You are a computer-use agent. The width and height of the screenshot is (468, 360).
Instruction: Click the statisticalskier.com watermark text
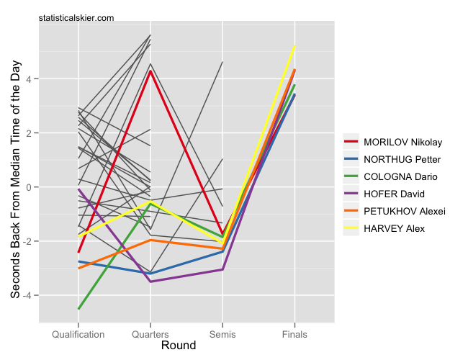[76, 17]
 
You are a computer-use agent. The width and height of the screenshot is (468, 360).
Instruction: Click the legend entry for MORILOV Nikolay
[402, 142]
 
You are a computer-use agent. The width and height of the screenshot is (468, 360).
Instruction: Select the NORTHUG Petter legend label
[402, 159]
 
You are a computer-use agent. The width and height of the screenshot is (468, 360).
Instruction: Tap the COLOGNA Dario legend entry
[400, 176]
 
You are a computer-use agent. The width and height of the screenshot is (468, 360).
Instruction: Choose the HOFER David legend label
[393, 194]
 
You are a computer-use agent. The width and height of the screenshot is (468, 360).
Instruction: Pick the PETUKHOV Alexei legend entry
[405, 211]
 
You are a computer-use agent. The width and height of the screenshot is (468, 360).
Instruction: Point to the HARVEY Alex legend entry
[393, 228]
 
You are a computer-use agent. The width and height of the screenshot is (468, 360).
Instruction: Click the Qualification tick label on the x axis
[78, 335]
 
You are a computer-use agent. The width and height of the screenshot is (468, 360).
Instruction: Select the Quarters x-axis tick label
[150, 335]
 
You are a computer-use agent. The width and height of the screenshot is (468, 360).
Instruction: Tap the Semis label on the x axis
[222, 335]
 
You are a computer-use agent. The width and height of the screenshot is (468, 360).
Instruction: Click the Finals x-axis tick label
[294, 335]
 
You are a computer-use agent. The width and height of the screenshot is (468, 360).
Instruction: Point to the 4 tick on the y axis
[29, 79]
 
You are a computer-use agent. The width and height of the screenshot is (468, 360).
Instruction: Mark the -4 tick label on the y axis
[27, 296]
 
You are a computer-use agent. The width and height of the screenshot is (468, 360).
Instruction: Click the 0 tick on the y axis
[29, 187]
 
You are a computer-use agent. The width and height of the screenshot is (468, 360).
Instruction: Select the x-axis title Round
[179, 346]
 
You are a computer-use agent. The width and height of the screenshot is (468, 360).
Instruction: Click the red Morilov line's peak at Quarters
[150, 71]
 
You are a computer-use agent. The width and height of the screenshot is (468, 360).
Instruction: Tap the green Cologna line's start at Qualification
[78, 309]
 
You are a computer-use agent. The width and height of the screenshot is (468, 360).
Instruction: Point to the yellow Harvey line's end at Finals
[294, 46]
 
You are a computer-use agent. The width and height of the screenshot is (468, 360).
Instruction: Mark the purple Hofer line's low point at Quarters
[150, 282]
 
